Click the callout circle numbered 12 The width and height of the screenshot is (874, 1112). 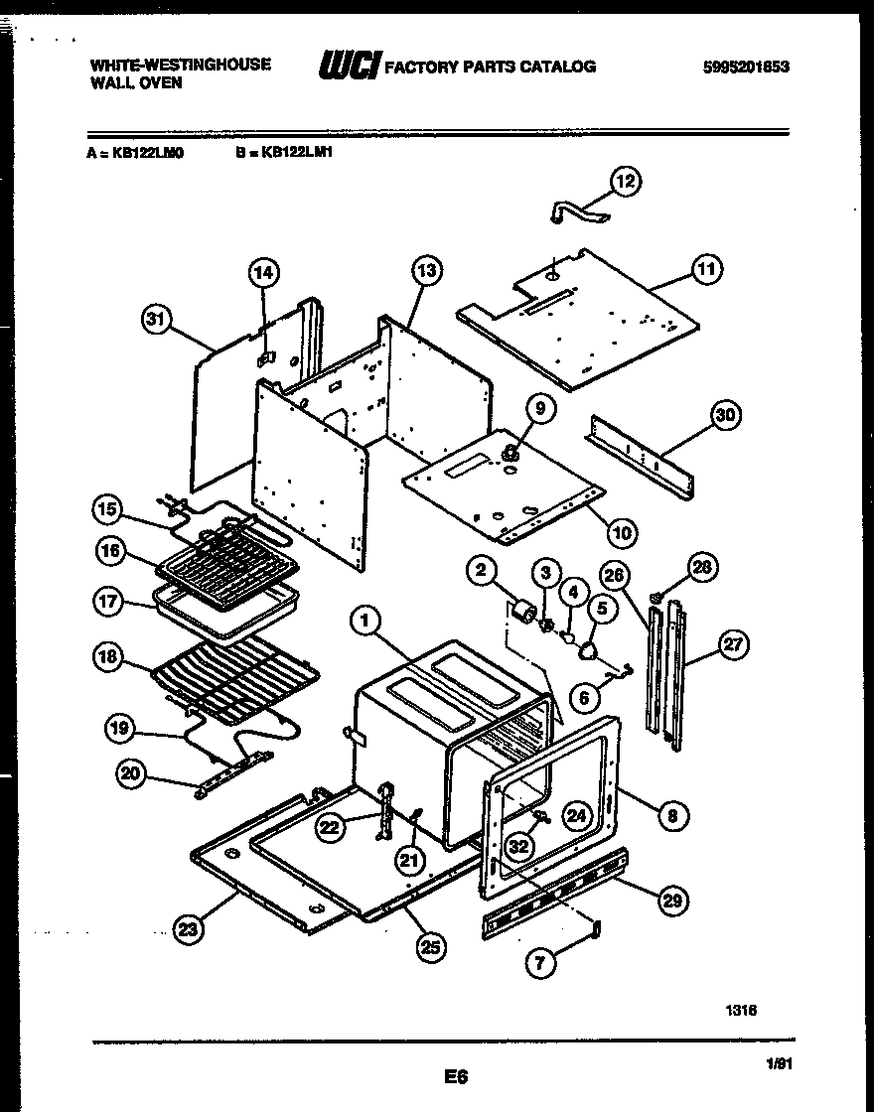[x=625, y=181]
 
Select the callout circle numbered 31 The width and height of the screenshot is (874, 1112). [x=154, y=320]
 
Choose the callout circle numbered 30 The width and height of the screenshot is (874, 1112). [x=725, y=416]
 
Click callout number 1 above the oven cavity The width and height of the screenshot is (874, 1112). [x=365, y=622]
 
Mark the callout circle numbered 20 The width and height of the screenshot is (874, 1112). [x=131, y=774]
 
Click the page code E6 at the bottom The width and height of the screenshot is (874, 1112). [x=456, y=1075]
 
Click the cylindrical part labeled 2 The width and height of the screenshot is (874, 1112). [x=519, y=609]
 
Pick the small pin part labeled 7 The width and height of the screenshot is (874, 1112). [x=596, y=928]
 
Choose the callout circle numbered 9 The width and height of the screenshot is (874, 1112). [x=540, y=408]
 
